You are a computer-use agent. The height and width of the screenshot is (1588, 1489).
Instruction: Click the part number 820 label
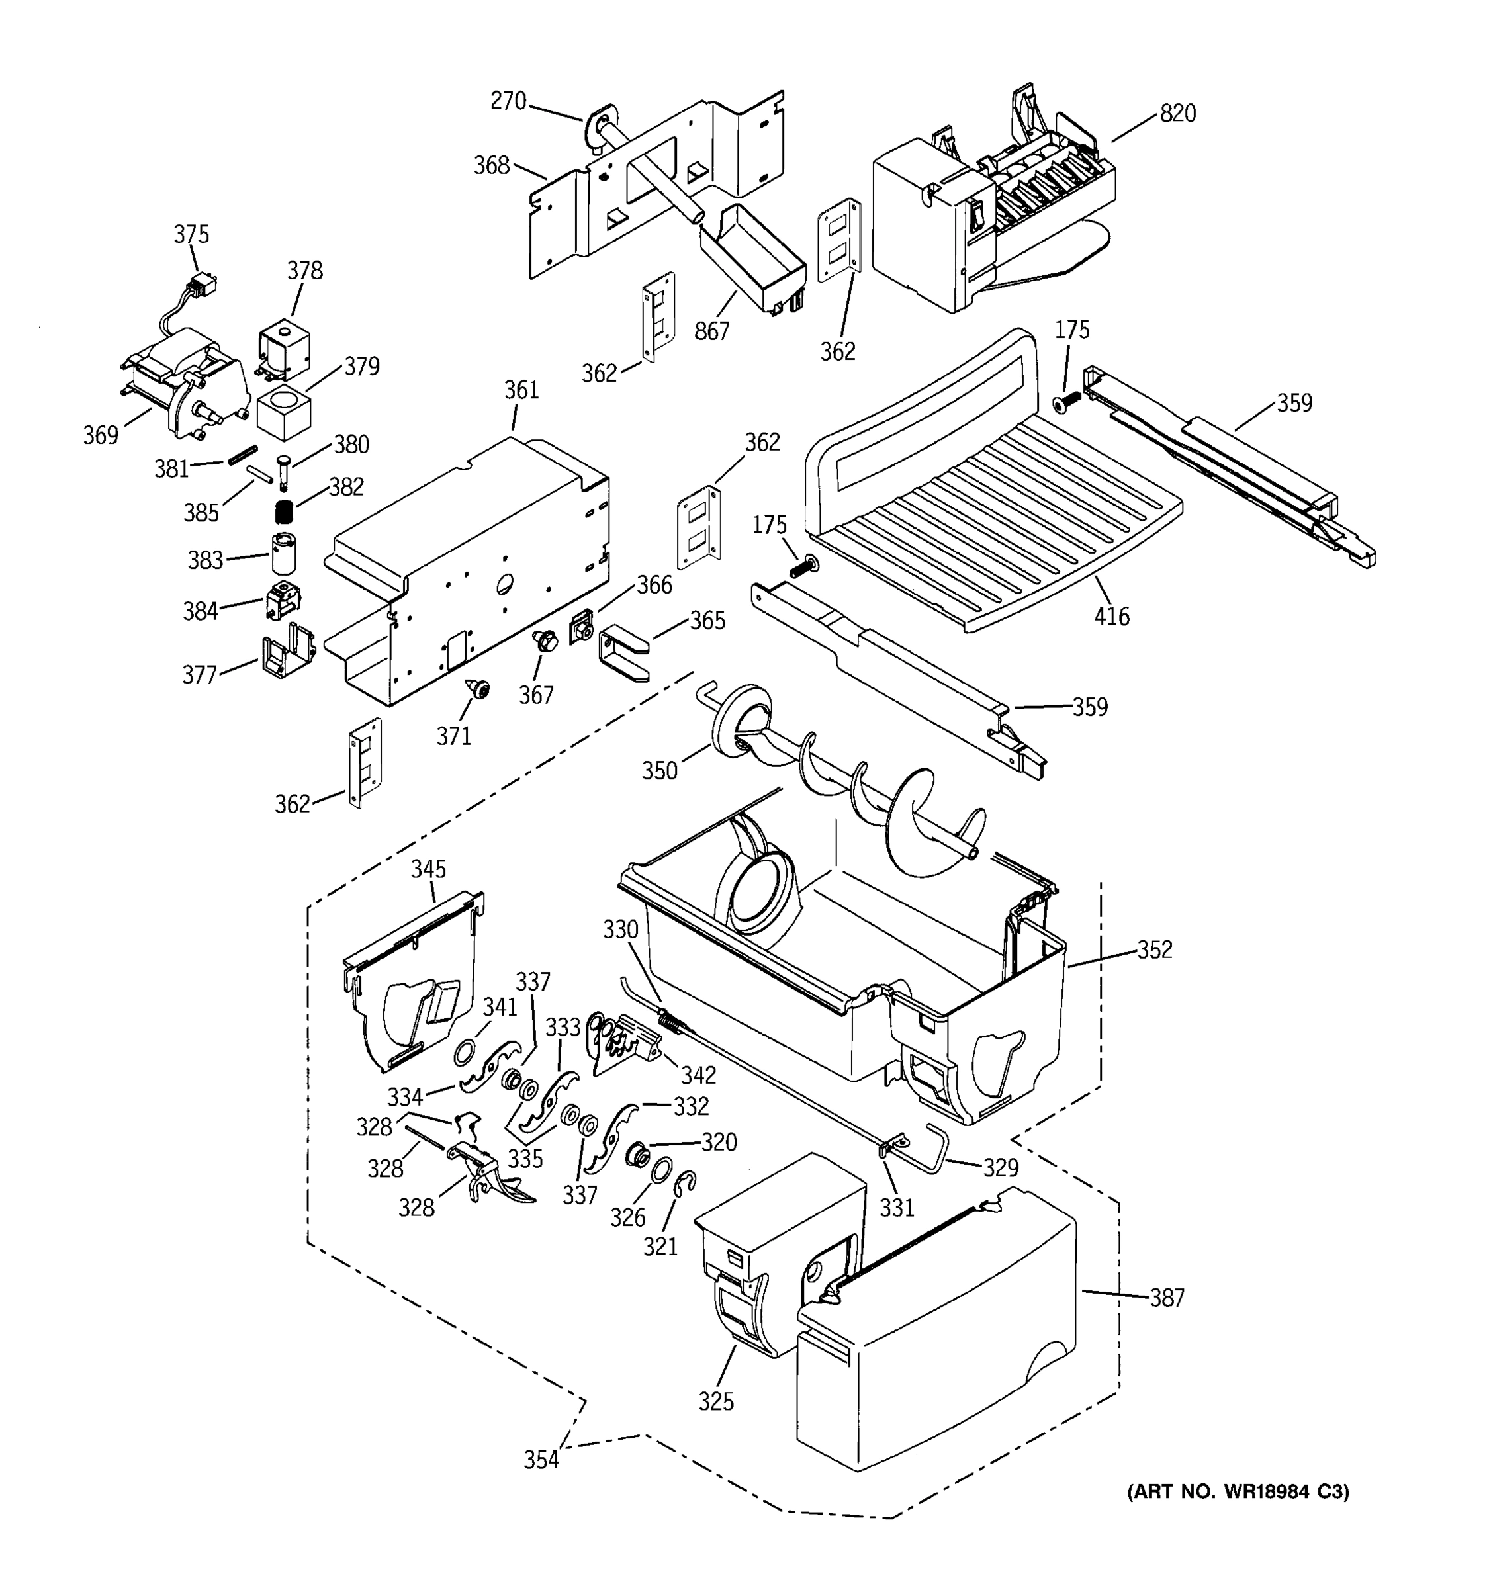[x=1177, y=113]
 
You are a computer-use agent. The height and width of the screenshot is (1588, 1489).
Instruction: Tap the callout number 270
[x=508, y=101]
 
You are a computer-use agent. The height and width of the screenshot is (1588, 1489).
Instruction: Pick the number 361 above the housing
[x=521, y=390]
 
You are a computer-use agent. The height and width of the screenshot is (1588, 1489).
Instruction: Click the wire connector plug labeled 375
[x=203, y=285]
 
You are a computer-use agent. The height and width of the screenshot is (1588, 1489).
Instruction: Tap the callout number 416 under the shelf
[x=1112, y=616]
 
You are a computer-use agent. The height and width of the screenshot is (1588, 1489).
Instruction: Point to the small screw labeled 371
[x=478, y=687]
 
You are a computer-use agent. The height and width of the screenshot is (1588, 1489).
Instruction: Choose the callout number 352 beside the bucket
[x=1154, y=949]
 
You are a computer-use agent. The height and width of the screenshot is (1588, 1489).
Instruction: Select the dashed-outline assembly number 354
[x=541, y=1460]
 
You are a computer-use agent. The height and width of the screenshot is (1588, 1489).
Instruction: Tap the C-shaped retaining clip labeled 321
[x=686, y=1186]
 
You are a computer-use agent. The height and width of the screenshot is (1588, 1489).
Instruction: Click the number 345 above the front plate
[x=428, y=869]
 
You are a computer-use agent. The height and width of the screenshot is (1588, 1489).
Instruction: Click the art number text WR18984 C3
[x=1238, y=1491]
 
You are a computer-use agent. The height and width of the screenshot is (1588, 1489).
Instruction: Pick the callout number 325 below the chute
[x=716, y=1402]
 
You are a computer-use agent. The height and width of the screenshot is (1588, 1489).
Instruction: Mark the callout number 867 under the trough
[x=712, y=331]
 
